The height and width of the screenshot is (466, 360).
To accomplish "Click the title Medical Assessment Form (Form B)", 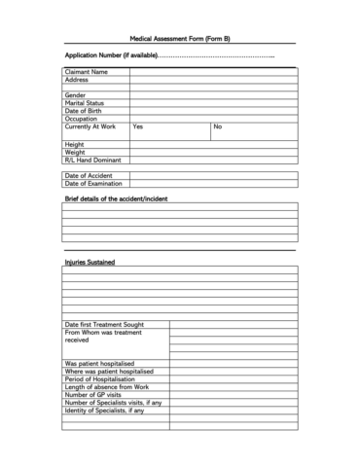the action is pyautogui.click(x=180, y=39).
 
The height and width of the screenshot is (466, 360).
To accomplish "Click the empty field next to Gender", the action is pyautogui.click(x=213, y=95).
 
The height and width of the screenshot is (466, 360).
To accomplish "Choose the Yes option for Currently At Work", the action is pyautogui.click(x=138, y=127).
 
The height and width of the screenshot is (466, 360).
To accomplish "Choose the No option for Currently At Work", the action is pyautogui.click(x=218, y=127).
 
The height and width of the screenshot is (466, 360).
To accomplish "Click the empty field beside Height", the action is pyautogui.click(x=213, y=144).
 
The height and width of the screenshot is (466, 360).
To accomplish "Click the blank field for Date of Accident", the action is pyautogui.click(x=213, y=175).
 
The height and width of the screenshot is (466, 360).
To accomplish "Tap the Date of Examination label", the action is pyautogui.click(x=93, y=183).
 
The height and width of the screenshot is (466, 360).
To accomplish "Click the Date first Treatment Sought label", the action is pyautogui.click(x=105, y=324).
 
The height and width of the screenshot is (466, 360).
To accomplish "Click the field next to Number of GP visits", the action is pyautogui.click(x=234, y=394).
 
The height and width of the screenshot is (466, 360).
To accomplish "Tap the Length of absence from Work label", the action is pyautogui.click(x=107, y=386).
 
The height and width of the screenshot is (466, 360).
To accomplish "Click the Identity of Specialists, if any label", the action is pyautogui.click(x=104, y=410).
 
